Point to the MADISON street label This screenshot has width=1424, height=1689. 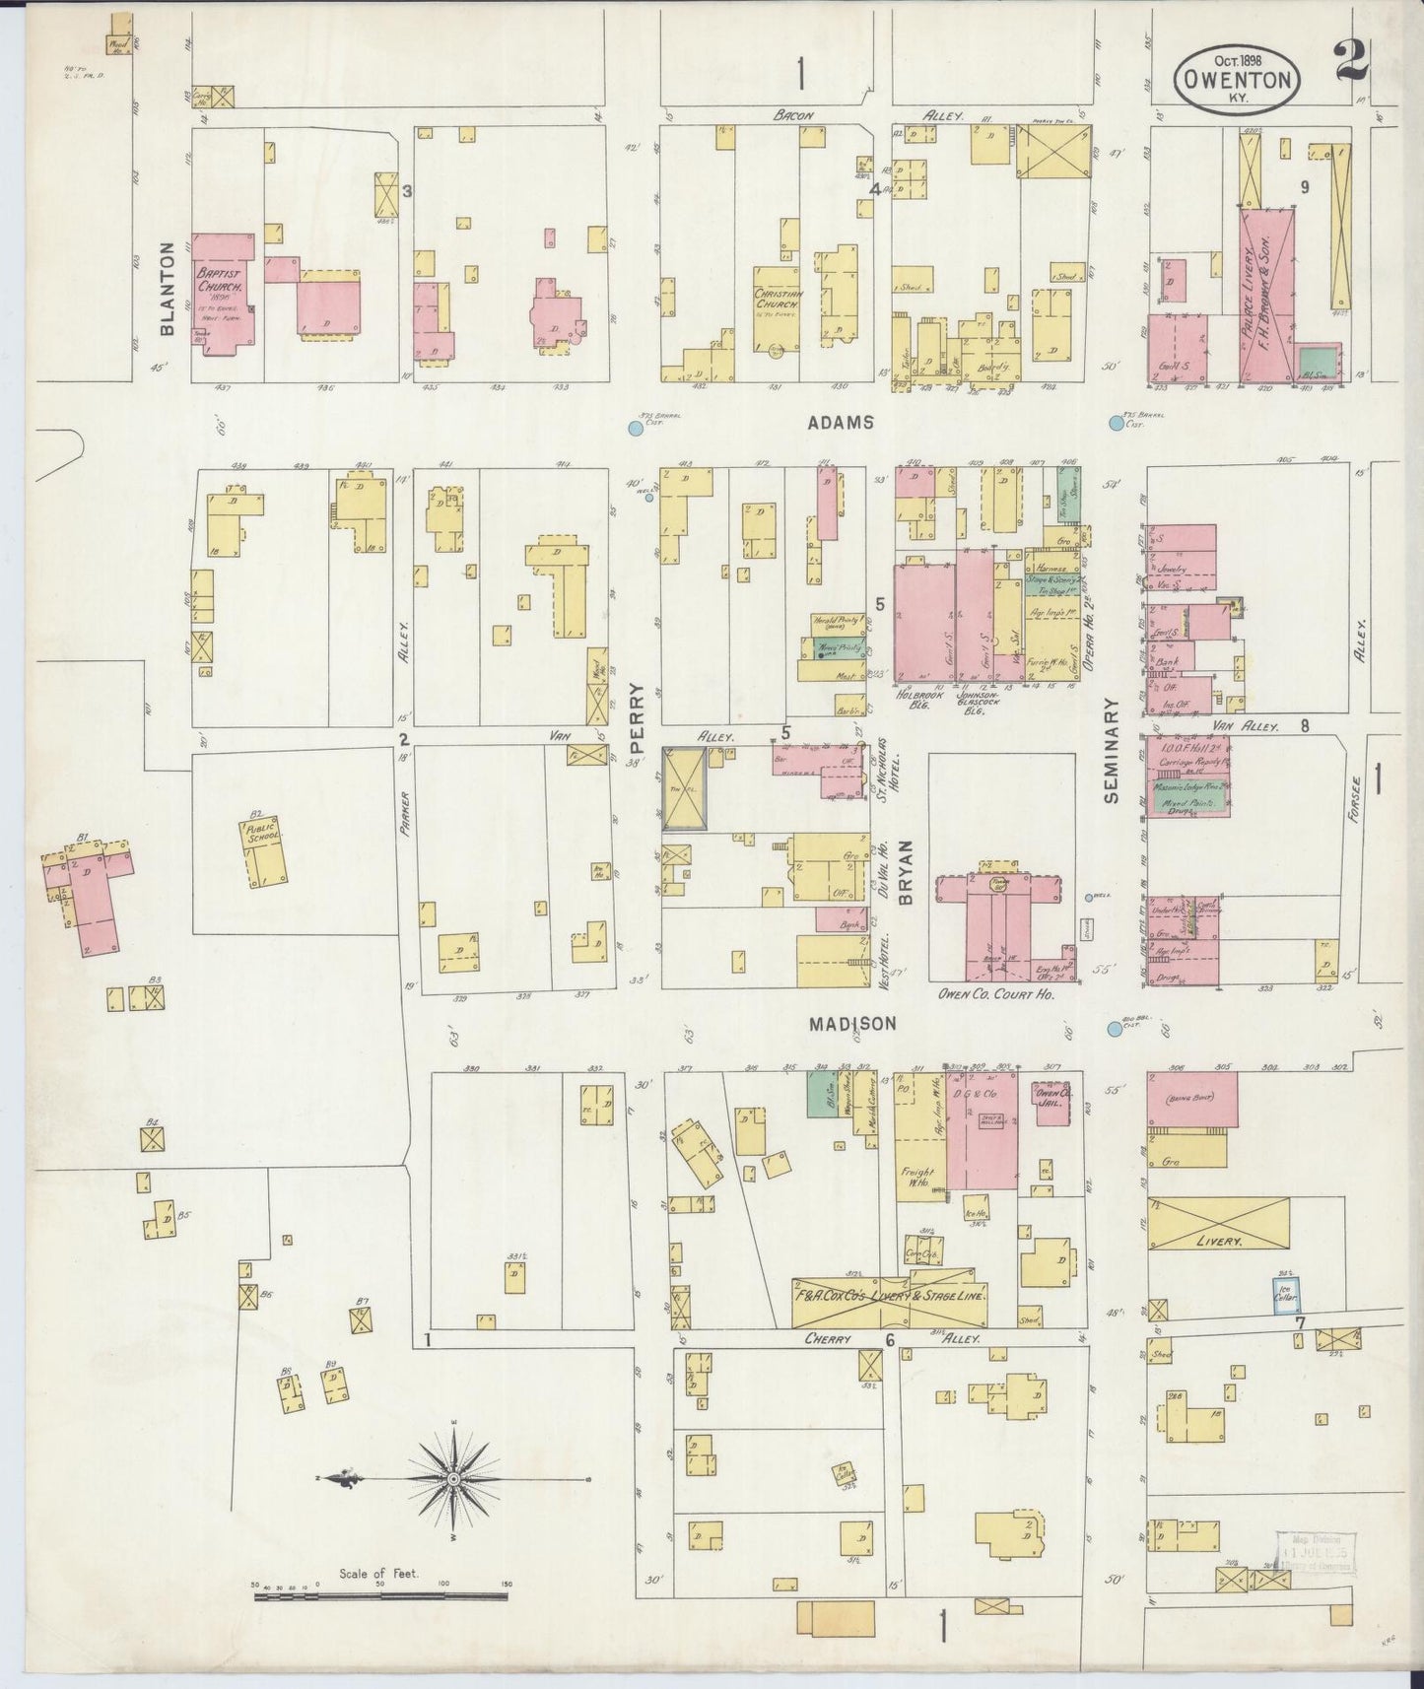[x=853, y=1024]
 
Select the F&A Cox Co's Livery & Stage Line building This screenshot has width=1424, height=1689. [x=890, y=1298]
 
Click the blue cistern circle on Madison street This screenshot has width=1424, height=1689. [x=1115, y=1029]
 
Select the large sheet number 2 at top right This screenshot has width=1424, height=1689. [x=1346, y=65]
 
